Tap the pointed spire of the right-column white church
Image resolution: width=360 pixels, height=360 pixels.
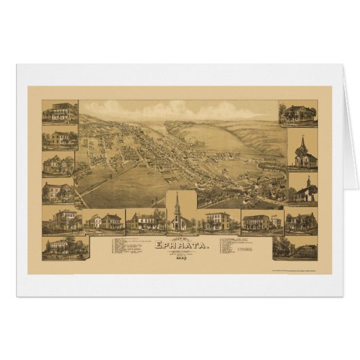click(303, 142)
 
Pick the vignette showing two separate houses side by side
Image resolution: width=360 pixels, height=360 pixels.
click(105, 221)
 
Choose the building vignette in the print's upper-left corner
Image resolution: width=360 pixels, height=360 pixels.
click(60, 112)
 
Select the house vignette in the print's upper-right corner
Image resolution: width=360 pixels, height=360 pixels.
click(297, 113)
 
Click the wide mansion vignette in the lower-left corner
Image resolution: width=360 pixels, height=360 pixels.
click(65, 247)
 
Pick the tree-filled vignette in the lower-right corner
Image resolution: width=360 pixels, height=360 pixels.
click(294, 248)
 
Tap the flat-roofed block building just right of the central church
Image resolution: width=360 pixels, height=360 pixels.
click(217, 221)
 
